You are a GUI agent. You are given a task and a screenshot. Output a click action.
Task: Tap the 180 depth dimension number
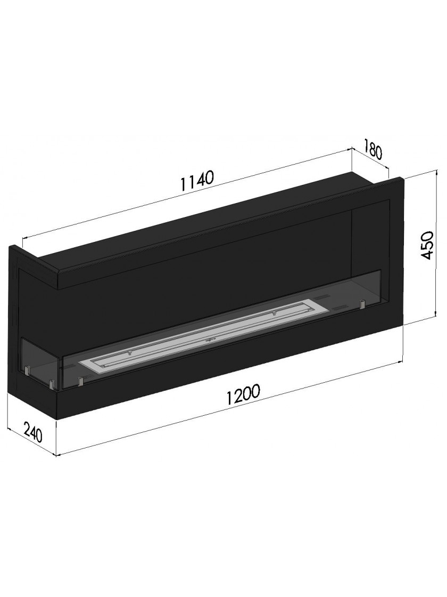tap(372, 149)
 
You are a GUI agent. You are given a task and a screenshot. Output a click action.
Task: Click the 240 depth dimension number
tap(32, 431)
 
